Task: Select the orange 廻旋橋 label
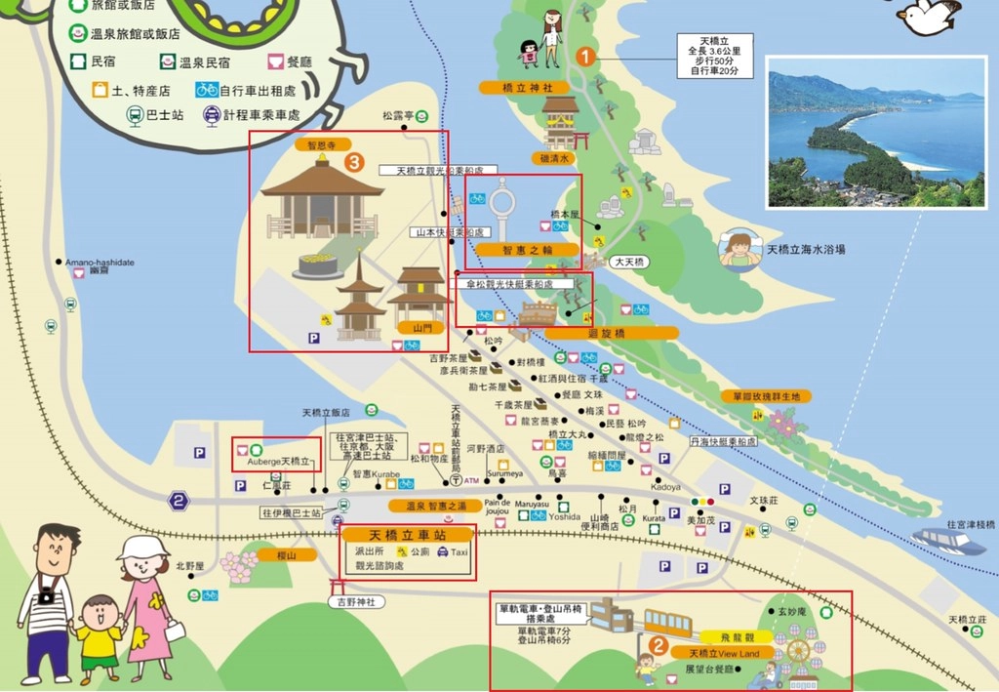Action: [x=613, y=333]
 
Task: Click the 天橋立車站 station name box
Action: [x=407, y=536]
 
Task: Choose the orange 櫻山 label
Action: [x=277, y=555]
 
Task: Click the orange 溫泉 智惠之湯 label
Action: [x=435, y=506]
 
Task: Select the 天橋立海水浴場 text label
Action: [x=806, y=250]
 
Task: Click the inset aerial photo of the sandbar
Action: [x=875, y=132]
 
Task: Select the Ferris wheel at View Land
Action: [x=798, y=651]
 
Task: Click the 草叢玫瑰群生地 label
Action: [x=766, y=397]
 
